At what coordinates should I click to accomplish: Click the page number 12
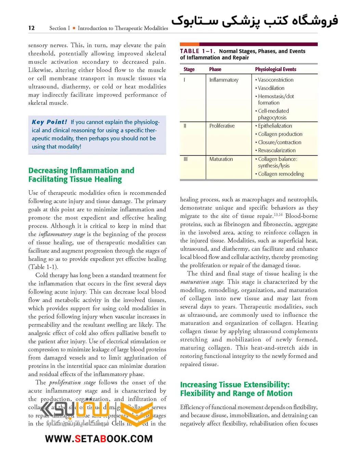click(31, 28)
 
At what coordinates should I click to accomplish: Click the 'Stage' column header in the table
click(189, 69)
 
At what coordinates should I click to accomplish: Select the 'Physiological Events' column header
click(275, 69)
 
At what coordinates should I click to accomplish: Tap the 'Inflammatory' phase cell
click(224, 80)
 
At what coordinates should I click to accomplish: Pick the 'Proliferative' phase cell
click(222, 126)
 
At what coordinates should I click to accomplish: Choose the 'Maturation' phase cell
click(221, 159)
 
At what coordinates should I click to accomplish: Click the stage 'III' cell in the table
click(185, 159)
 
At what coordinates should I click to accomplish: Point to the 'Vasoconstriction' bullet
click(275, 80)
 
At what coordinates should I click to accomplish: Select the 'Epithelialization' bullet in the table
click(275, 126)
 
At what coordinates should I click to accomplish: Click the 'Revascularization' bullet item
click(277, 151)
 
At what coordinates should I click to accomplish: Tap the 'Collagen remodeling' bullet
click(281, 174)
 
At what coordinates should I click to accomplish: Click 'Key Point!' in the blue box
click(49, 122)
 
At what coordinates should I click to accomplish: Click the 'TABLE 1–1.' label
click(197, 51)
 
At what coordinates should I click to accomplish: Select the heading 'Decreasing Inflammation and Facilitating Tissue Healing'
click(81, 175)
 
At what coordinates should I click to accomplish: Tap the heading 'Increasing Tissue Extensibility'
click(235, 385)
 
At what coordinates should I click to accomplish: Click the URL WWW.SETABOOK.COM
click(99, 439)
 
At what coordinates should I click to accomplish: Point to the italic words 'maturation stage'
click(202, 282)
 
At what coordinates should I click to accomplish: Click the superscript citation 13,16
click(278, 215)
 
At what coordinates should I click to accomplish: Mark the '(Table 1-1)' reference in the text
click(43, 267)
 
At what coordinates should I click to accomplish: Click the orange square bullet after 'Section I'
click(74, 28)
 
